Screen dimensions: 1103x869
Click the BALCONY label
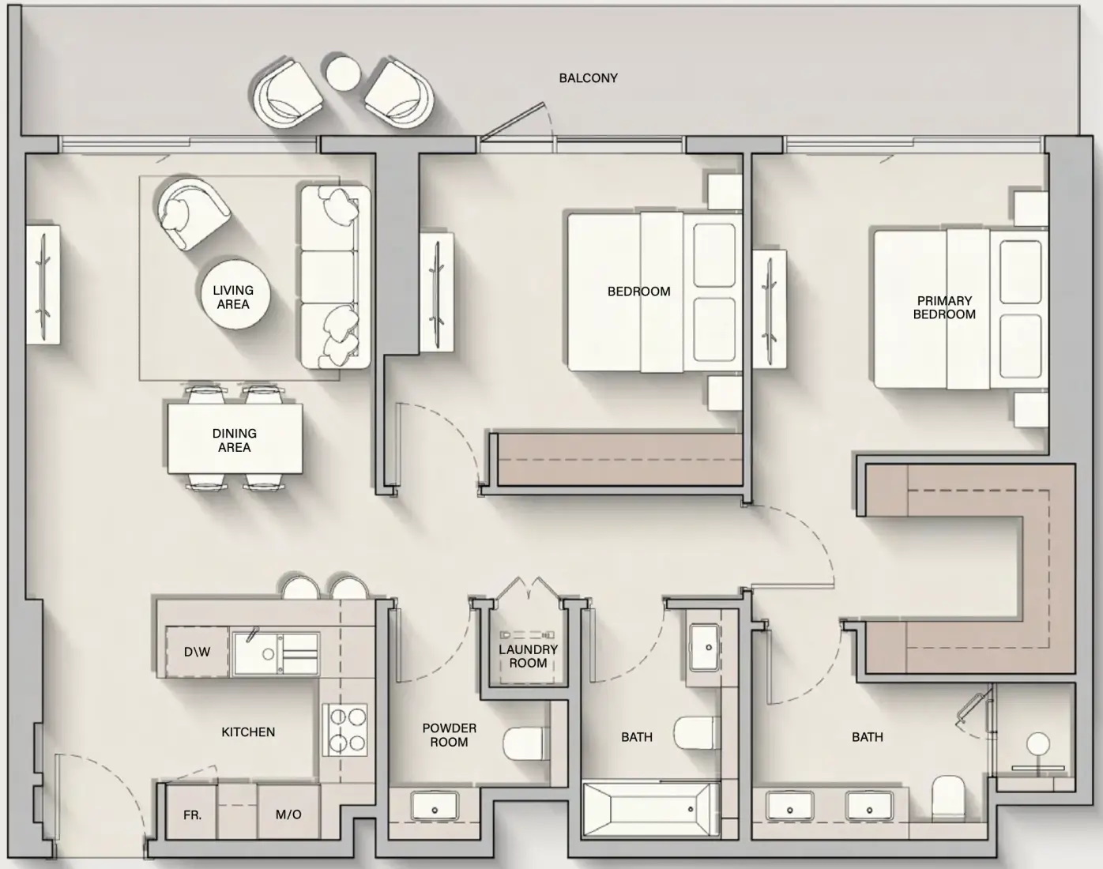click(588, 78)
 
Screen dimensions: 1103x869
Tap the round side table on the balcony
click(344, 73)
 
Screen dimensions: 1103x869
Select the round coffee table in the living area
click(234, 295)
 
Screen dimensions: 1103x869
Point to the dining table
click(235, 438)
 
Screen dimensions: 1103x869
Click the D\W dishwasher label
click(198, 652)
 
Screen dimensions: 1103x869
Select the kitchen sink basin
click(275, 653)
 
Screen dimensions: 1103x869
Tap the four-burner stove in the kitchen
click(345, 729)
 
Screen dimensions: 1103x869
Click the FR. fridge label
click(192, 814)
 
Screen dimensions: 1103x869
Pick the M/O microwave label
click(288, 814)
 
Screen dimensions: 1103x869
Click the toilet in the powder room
click(525, 744)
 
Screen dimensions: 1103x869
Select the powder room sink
click(435, 806)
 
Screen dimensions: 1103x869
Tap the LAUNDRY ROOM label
click(528, 656)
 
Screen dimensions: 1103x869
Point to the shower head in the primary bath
click(1038, 744)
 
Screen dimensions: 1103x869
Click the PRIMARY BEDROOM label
click(944, 307)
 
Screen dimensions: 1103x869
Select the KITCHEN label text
click(248, 732)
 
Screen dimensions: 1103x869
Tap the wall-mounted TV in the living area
click(43, 284)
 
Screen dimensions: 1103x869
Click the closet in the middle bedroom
click(620, 459)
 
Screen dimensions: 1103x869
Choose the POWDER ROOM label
click(449, 735)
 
